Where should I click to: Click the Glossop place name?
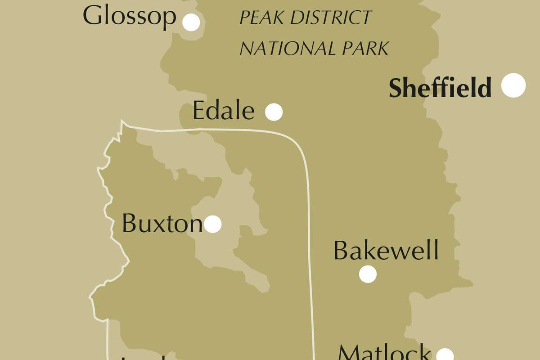pyautogui.click(x=130, y=17)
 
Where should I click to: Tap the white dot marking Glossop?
pyautogui.click(x=191, y=22)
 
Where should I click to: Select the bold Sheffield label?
pyautogui.click(x=440, y=88)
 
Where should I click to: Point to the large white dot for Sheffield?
pyautogui.click(x=513, y=85)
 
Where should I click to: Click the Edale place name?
pyautogui.click(x=223, y=111)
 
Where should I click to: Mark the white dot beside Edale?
pyautogui.click(x=274, y=112)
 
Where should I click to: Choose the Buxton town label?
pyautogui.click(x=162, y=223)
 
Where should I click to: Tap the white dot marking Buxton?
pyautogui.click(x=213, y=224)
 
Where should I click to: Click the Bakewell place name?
pyautogui.click(x=386, y=251)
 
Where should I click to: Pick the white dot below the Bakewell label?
pyautogui.click(x=368, y=274)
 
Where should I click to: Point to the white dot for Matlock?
pyautogui.click(x=445, y=355)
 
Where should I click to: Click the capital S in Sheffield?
pyautogui.click(x=396, y=88)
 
